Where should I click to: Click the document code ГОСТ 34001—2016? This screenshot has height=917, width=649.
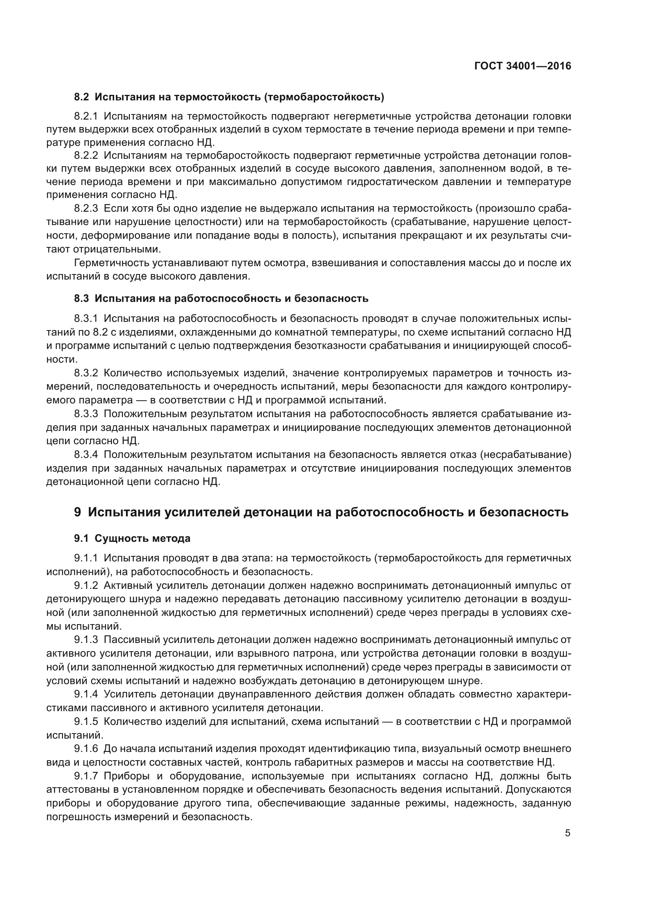coord(522,66)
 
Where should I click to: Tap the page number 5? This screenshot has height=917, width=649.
coord(567,833)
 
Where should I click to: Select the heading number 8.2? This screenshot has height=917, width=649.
coord(81,97)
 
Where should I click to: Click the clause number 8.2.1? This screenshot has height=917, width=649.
coord(86,116)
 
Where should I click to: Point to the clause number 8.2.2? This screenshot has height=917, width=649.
coord(86,155)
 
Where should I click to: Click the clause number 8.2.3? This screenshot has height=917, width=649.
coord(86,209)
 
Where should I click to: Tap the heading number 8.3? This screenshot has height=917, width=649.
coord(81,298)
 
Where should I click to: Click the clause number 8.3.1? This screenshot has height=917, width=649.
coord(86,318)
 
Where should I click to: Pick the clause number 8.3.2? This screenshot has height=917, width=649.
coord(86,372)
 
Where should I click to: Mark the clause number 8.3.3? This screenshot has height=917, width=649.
coord(86,414)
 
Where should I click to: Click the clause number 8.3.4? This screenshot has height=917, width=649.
coord(86,454)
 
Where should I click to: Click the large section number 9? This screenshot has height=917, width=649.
coord(78,512)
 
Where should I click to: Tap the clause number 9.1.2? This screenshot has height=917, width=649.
coord(86,585)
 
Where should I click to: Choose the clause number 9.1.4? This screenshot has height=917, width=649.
coord(86,694)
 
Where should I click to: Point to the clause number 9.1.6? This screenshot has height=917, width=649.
coord(86,748)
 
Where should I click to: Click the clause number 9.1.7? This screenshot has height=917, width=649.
coord(86,776)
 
